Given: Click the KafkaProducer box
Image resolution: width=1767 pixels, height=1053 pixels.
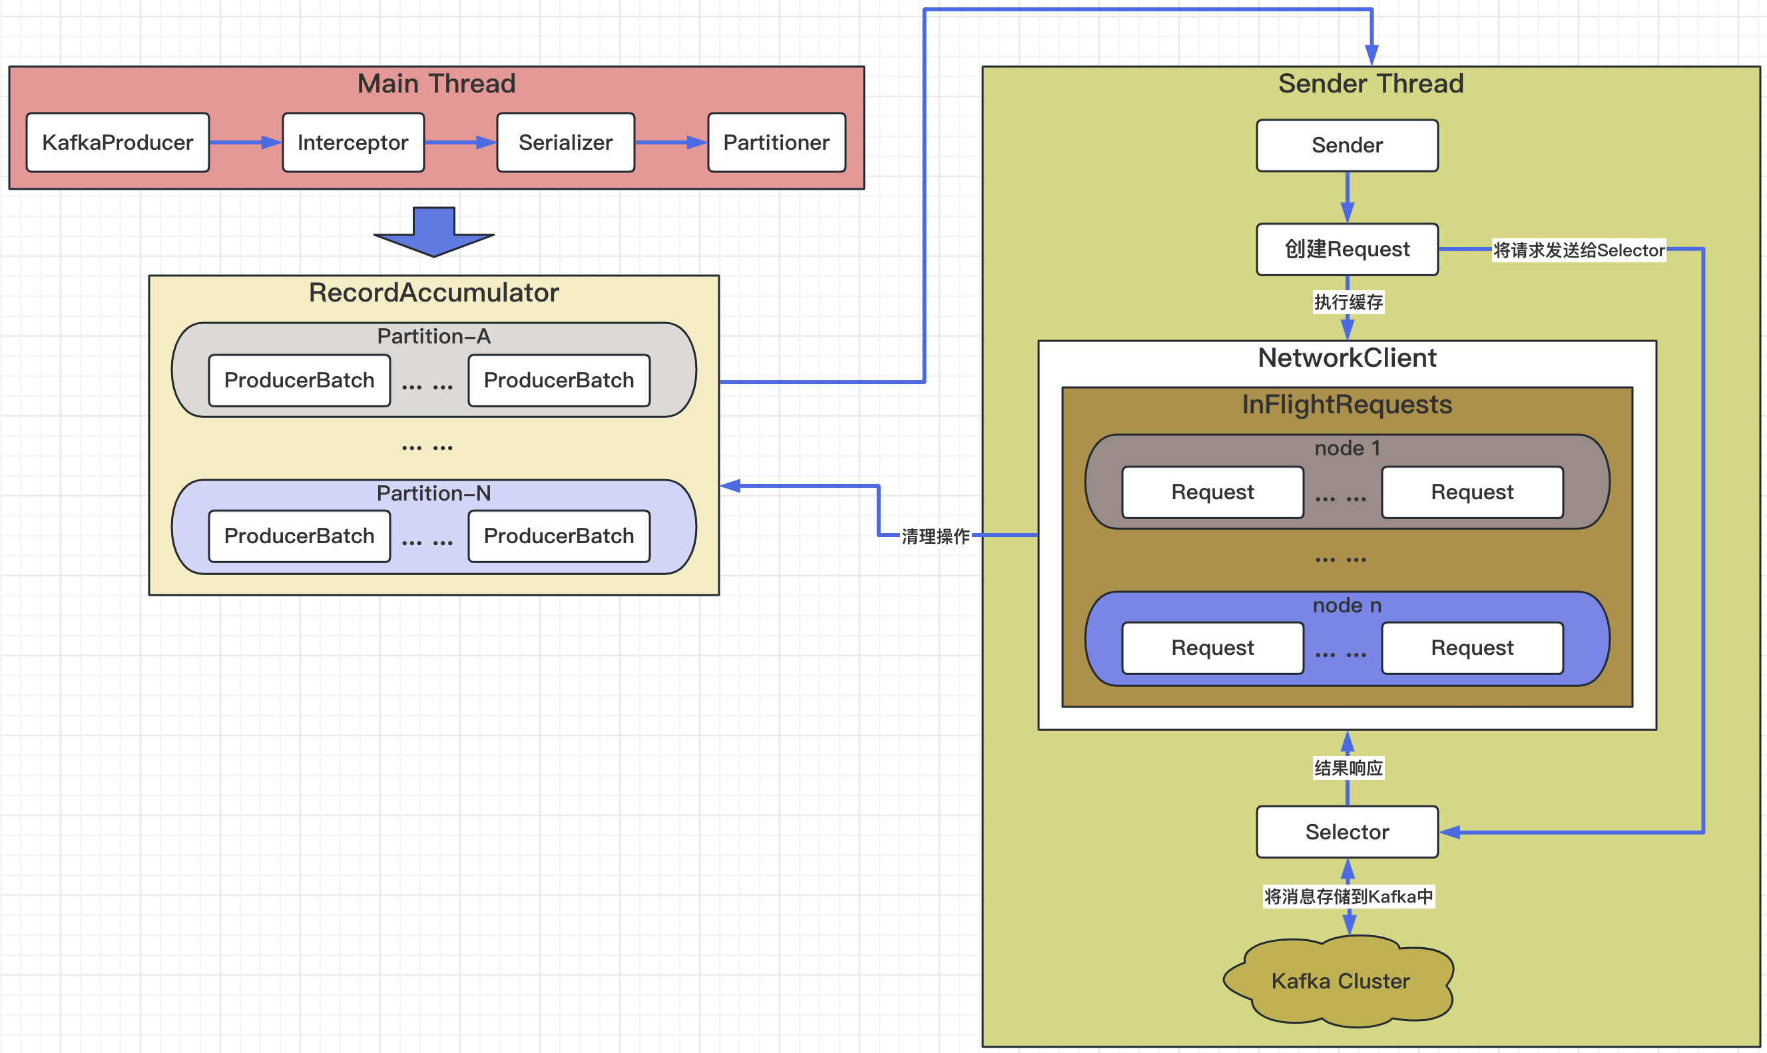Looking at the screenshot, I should pos(118,142).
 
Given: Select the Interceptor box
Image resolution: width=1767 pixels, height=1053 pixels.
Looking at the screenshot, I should pos(353,142).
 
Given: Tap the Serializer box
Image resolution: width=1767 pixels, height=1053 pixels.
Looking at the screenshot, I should pos(565,142).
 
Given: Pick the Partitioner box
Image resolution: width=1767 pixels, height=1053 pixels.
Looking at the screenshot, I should pos(776,142).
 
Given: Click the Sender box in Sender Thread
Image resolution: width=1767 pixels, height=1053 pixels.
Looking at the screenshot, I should pos(1347,146).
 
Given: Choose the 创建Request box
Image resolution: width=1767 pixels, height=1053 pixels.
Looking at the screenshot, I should pos(1347,249).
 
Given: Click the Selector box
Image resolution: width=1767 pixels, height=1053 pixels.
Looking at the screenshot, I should pos(1347,831).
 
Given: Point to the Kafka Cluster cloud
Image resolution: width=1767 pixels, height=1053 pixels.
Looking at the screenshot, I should pos(1340,981).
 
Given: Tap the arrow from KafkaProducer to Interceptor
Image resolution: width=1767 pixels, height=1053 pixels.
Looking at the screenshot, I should pos(246,142).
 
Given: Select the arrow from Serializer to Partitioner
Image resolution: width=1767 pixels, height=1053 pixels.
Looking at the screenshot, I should pos(670,142).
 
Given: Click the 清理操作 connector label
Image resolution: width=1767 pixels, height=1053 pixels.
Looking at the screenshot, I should pos(935,536).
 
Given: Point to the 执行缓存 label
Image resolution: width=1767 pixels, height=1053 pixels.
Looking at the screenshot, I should pos(1348,303).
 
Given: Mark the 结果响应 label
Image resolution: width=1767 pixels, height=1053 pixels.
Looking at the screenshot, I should pos(1348,767).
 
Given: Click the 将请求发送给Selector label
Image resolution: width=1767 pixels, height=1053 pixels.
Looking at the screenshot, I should pos(1578,250).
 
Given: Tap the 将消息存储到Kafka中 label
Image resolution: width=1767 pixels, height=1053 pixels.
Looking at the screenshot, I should pos(1348,897).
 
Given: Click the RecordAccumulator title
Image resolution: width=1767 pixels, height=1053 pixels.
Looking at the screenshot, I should pos(433,293).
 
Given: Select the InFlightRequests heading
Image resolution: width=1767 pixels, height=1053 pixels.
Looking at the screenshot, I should pos(1347,405).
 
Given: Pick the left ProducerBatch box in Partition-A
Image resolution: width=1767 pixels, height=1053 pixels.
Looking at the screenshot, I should pos(299,380).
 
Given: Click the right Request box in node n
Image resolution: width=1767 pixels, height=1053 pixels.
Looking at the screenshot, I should pos(1472,648).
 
